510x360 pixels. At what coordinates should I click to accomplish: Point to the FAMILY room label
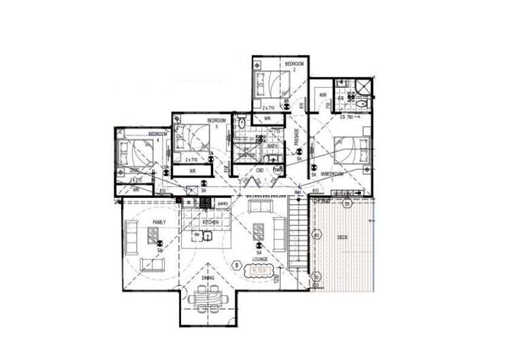159,223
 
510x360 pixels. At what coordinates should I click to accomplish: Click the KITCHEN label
210,223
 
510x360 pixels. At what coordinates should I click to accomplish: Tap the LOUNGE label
259,260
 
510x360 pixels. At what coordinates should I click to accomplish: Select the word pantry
222,203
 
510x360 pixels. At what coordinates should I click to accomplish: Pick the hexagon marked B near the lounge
236,265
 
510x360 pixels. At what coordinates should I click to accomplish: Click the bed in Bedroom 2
271,86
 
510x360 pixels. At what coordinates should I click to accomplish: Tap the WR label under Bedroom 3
193,171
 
